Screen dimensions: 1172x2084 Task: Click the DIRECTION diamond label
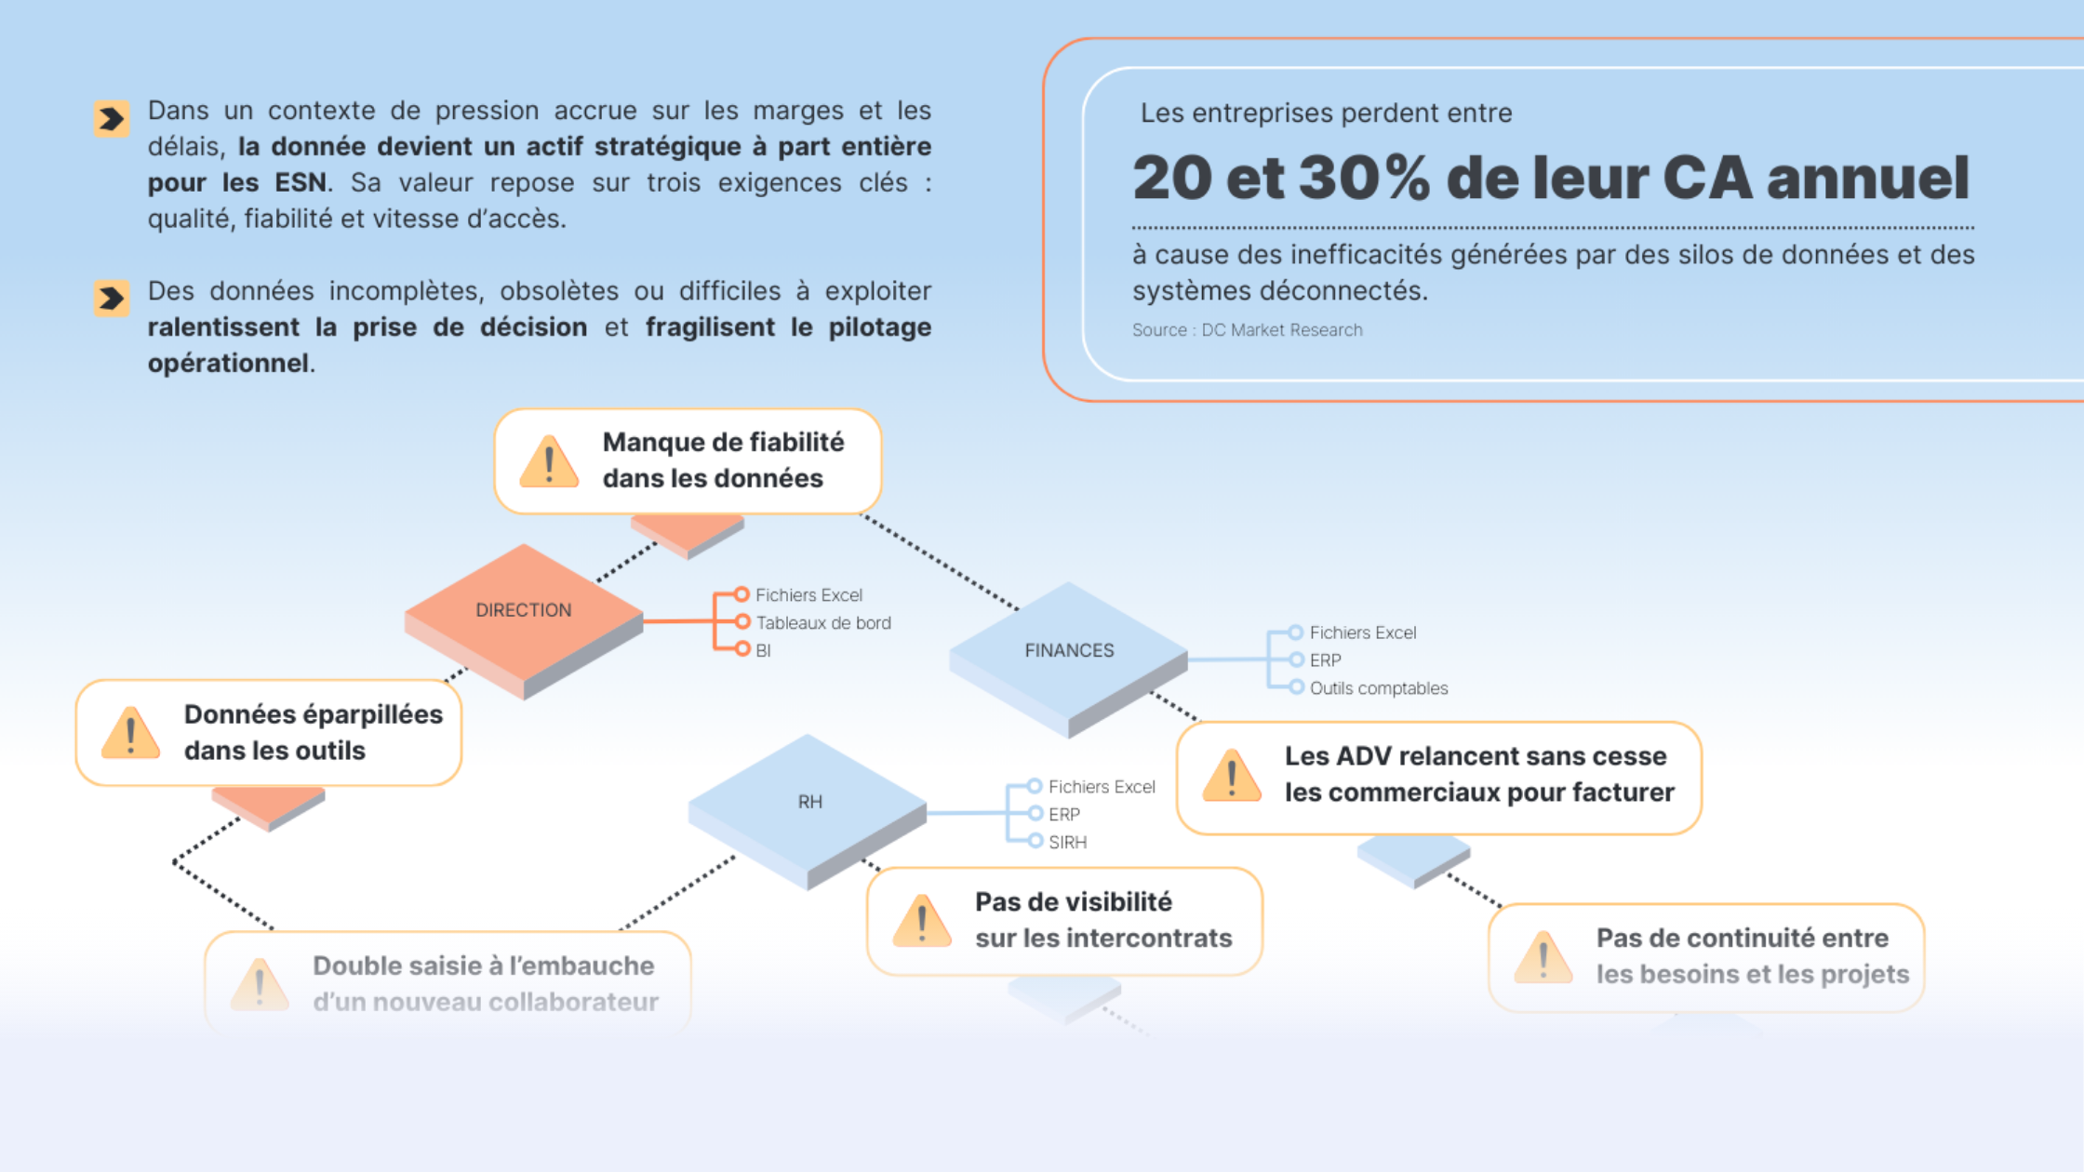523,610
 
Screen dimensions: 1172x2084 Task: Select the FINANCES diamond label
1069,650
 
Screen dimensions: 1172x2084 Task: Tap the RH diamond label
809,802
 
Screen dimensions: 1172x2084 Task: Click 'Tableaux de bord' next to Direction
822,623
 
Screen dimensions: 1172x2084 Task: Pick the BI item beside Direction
763,651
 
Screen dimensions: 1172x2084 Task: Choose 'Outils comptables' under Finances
1378,688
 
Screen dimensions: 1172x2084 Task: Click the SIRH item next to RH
1067,842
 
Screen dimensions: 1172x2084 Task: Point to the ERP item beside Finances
1325,660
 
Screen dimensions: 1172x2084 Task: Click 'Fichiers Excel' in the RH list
1101,787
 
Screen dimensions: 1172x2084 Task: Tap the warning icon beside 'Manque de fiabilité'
549,461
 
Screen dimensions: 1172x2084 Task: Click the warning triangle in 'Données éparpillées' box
130,733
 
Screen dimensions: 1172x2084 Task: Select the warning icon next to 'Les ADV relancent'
1231,776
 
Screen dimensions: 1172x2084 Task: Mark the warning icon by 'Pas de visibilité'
921,921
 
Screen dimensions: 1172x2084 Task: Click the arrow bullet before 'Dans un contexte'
112,119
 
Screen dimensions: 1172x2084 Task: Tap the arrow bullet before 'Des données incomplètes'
112,299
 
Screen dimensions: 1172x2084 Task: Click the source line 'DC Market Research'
1247,330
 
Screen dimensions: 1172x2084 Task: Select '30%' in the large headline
1364,178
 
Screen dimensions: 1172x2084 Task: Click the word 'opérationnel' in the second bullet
229,363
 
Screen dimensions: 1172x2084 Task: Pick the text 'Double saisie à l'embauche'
483,966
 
